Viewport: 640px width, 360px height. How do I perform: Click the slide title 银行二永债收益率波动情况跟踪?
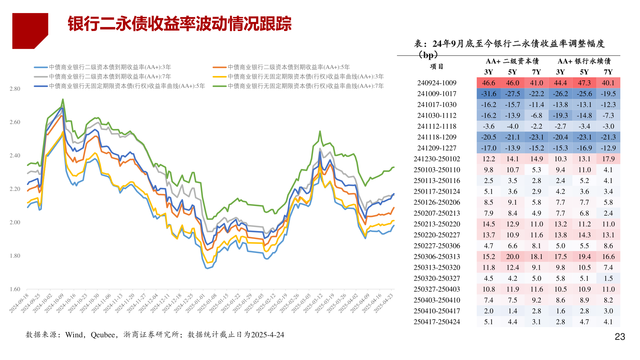coord(180,24)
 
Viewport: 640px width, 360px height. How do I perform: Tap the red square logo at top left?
coord(30,31)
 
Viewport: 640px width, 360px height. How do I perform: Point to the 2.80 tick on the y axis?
coord(15,89)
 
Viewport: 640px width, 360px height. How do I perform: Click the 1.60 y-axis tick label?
coord(15,289)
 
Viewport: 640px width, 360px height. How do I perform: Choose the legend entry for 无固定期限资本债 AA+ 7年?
coord(306,86)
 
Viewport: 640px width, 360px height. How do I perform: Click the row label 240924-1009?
coord(437,83)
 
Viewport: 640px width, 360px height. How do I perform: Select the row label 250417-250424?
coord(437,322)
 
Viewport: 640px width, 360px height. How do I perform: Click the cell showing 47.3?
coord(584,83)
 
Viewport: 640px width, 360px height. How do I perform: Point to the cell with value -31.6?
coord(489,94)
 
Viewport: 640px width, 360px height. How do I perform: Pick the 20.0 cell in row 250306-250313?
coord(513,257)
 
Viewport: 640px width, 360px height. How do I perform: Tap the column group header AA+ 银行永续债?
coord(584,61)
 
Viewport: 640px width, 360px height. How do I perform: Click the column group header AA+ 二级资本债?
coord(512,61)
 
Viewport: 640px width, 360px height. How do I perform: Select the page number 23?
coord(620,337)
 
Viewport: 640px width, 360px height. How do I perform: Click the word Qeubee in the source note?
coord(103,335)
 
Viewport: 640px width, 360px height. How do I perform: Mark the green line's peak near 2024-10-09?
coord(63,99)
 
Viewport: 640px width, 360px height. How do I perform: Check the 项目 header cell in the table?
coord(437,66)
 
